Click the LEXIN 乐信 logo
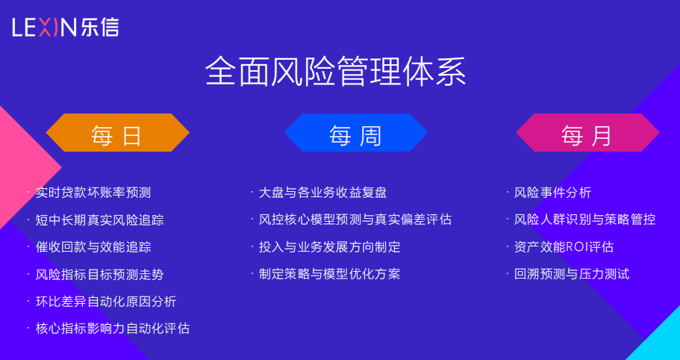pyautogui.click(x=66, y=28)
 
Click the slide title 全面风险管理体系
pyautogui.click(x=336, y=72)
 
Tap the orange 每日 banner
pyautogui.click(x=117, y=133)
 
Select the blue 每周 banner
pyautogui.click(x=356, y=133)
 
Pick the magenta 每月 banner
pyautogui.click(x=587, y=133)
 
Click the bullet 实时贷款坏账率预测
pyautogui.click(x=93, y=193)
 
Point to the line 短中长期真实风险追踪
pyautogui.click(x=100, y=220)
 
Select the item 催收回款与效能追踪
pyautogui.click(x=93, y=247)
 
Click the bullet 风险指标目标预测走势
pyautogui.click(x=100, y=275)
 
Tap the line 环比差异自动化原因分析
pyautogui.click(x=106, y=302)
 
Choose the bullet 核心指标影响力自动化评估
pyautogui.click(x=113, y=329)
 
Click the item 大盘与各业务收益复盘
pyautogui.click(x=322, y=193)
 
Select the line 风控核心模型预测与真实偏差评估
pyautogui.click(x=355, y=220)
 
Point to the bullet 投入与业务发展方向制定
pyautogui.click(x=329, y=247)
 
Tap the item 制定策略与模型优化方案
pyautogui.click(x=329, y=274)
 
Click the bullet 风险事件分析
pyautogui.click(x=552, y=193)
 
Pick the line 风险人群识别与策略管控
pyautogui.click(x=584, y=220)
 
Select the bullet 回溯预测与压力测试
pyautogui.click(x=572, y=274)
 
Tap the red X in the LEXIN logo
pyautogui.click(x=49, y=28)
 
